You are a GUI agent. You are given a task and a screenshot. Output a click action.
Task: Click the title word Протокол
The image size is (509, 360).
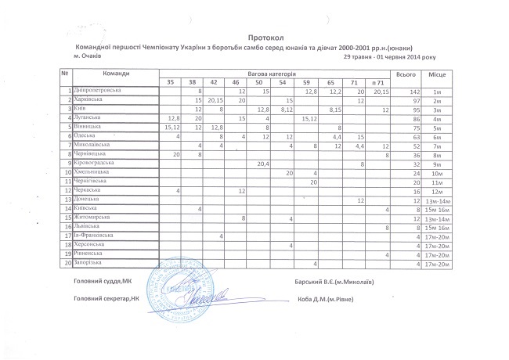point(263,37)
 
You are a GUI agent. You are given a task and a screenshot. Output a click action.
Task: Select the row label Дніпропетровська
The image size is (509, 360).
point(97,92)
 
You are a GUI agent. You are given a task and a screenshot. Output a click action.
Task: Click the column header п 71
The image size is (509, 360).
point(377,82)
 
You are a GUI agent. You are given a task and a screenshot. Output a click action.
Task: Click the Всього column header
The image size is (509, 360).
point(406,74)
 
